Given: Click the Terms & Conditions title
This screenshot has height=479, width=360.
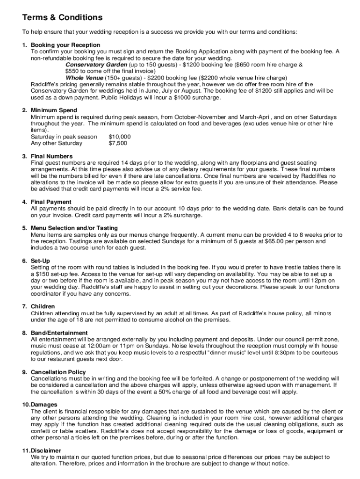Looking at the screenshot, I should click(62, 18).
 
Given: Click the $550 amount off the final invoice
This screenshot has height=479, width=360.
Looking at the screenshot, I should click(73, 71).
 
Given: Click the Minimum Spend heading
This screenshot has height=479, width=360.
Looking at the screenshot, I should click(53, 110).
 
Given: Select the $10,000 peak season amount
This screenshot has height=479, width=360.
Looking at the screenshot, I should click(120, 137).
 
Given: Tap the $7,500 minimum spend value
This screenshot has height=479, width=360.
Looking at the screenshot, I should click(118, 143).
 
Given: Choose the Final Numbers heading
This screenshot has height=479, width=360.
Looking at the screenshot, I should click(51, 156).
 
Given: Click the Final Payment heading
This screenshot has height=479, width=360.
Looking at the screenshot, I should click(51, 202).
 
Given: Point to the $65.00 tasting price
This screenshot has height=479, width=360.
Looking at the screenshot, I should click(276, 241).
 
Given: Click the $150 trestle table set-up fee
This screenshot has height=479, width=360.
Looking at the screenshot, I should click(45, 274).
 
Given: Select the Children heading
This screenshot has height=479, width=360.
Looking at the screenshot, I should click(43, 306).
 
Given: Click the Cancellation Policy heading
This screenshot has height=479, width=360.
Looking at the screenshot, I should click(58, 372).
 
